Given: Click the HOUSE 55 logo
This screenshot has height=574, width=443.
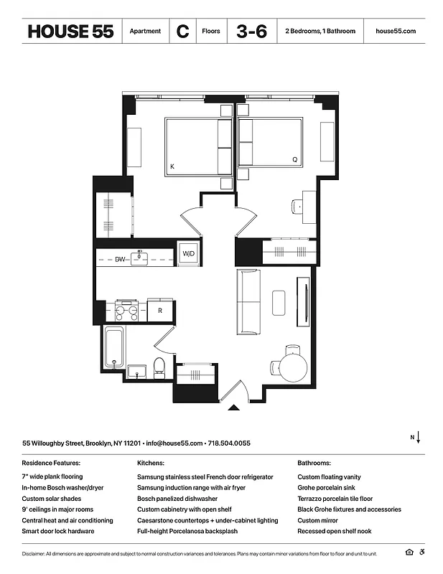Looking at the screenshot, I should click(70, 32).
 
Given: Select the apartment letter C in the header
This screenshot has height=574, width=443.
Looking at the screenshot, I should click(182, 32).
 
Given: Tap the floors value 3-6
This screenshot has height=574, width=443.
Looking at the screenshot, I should click(251, 32).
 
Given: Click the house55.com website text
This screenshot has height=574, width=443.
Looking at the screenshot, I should click(396, 32).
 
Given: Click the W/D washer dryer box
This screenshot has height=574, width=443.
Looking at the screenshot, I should click(189, 254).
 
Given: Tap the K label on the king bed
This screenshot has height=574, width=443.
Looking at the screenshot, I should click(172, 167).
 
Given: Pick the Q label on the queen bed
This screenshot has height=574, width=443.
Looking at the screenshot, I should click(294, 159).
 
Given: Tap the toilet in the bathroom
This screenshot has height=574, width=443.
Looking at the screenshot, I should click(159, 369).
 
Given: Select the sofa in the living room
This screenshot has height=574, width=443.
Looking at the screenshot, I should click(249, 301).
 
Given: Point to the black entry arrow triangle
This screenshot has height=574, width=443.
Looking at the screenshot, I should click(233, 408).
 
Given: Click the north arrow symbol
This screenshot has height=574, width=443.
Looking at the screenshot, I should click(416, 437).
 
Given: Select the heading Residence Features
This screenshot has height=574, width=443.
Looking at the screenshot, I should click(51, 464).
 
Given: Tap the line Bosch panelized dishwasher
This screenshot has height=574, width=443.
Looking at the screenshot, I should click(177, 499).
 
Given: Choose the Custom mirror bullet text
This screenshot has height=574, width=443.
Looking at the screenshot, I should click(320, 520).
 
